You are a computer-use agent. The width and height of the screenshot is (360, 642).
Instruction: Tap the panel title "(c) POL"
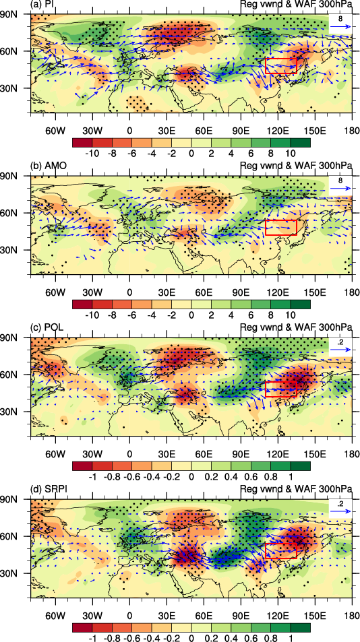coord(47,328)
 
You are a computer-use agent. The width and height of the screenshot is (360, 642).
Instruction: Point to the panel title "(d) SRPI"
coord(48,490)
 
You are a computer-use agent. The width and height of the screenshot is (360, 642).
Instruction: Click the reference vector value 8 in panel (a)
coord(340,19)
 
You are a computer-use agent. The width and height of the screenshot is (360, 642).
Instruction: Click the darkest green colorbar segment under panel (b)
coord(301,304)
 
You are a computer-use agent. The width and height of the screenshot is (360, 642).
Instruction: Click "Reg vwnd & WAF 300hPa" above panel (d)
coord(296,490)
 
